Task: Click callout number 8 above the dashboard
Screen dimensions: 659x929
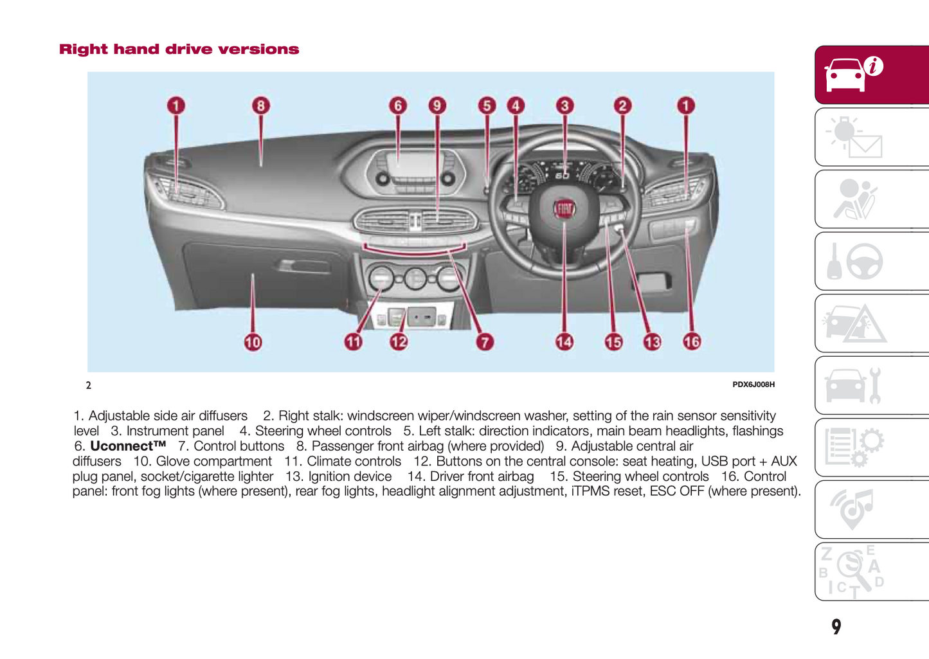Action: pos(260,105)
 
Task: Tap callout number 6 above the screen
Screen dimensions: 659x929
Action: pos(398,105)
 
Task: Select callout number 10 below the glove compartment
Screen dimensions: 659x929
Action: pos(253,342)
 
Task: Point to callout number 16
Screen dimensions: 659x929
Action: pos(692,342)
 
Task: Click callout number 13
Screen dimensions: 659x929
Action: pos(652,342)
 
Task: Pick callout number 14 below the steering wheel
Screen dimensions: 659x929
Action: pos(564,342)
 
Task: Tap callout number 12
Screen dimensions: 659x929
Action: pos(399,342)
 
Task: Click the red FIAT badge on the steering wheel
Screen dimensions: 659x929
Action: pos(564,209)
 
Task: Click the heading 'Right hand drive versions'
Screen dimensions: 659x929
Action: pos(179,50)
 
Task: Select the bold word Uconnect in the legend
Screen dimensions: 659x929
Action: pos(128,446)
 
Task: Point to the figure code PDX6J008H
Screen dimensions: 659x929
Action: pos(753,384)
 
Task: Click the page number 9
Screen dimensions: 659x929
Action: pos(836,627)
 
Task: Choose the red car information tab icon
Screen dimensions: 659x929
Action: pos(855,75)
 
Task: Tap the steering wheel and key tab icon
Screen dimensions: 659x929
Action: pos(855,262)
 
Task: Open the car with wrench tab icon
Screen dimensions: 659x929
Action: pos(855,386)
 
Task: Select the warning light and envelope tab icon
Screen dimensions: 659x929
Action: pos(855,137)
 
